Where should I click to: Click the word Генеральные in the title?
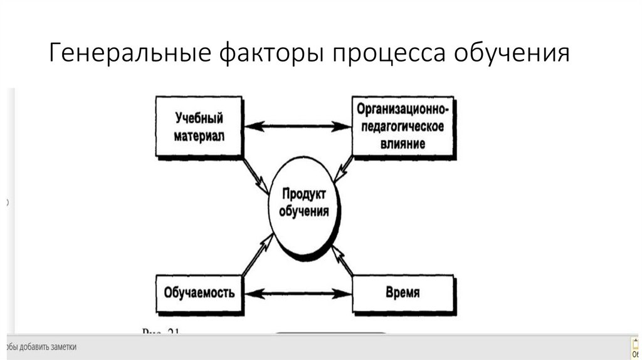[128, 53]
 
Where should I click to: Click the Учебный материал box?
[199, 127]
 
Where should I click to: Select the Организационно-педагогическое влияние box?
[402, 126]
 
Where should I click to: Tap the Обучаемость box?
[199, 292]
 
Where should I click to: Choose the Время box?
[403, 292]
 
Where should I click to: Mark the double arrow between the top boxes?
[298, 127]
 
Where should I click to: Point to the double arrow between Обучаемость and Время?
[298, 293]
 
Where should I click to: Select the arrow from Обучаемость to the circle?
[257, 254]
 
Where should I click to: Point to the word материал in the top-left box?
[199, 135]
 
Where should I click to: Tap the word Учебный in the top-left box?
[199, 118]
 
